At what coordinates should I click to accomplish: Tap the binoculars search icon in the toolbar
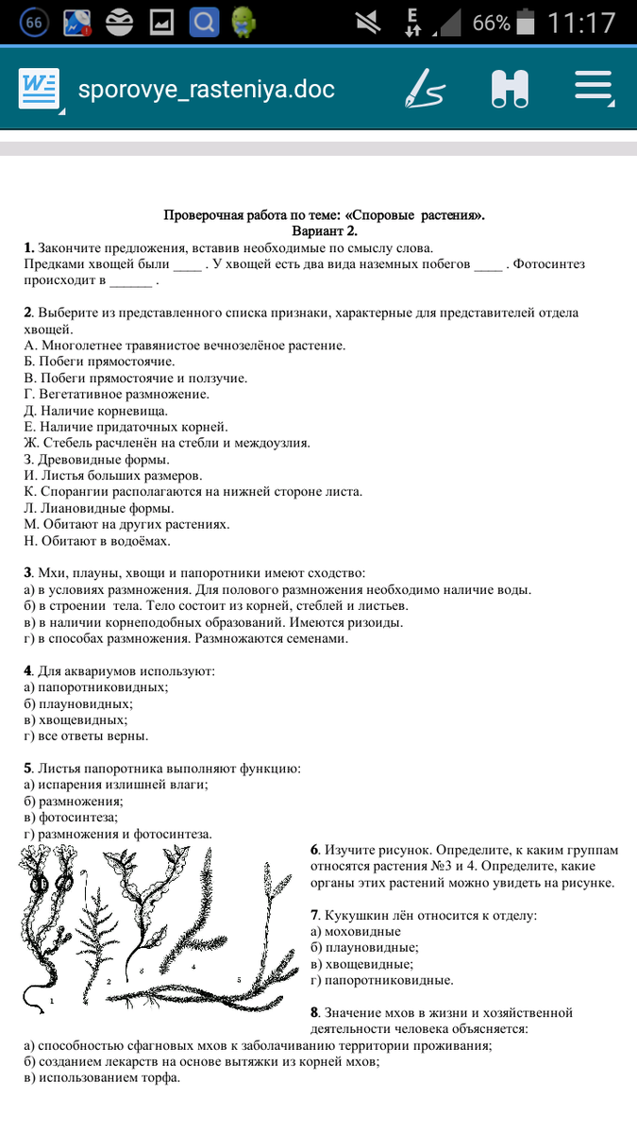[510, 89]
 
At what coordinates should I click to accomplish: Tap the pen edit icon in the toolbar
[424, 89]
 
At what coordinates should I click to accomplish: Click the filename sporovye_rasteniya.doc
[206, 90]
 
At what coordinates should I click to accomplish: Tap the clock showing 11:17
[580, 23]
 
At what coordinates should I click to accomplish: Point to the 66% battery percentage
[491, 23]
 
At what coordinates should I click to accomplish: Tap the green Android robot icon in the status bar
[243, 22]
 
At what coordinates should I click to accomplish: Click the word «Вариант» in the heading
[317, 230]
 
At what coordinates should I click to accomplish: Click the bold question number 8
[314, 1012]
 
